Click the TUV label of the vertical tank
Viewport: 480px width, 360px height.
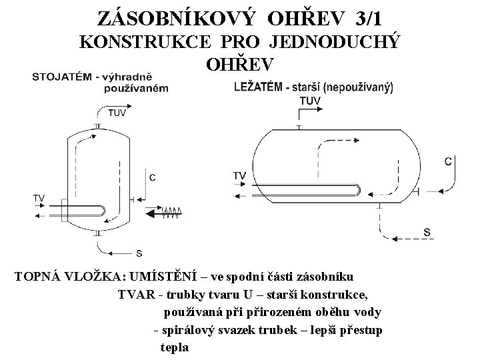(x=117, y=113)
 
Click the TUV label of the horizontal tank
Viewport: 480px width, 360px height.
(x=311, y=101)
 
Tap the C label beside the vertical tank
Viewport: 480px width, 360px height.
(x=153, y=177)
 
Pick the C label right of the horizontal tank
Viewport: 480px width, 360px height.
(x=448, y=161)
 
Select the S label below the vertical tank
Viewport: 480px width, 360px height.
(x=139, y=253)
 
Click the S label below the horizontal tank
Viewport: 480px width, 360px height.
(x=427, y=232)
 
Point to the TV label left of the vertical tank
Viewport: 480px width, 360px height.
(x=39, y=198)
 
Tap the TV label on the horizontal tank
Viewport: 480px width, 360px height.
(x=239, y=175)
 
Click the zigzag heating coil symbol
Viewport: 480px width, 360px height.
(x=171, y=213)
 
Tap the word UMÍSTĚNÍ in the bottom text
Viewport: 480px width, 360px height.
(x=177, y=277)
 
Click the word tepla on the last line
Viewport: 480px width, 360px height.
(x=175, y=347)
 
